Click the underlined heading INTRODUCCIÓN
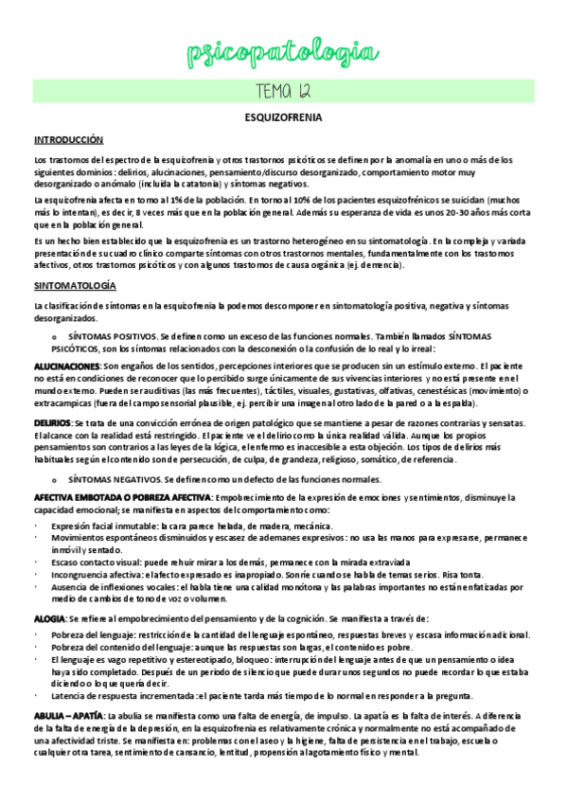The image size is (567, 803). coord(68,139)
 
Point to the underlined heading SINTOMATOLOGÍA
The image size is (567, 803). coord(75,285)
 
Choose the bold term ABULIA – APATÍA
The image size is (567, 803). coord(69,713)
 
